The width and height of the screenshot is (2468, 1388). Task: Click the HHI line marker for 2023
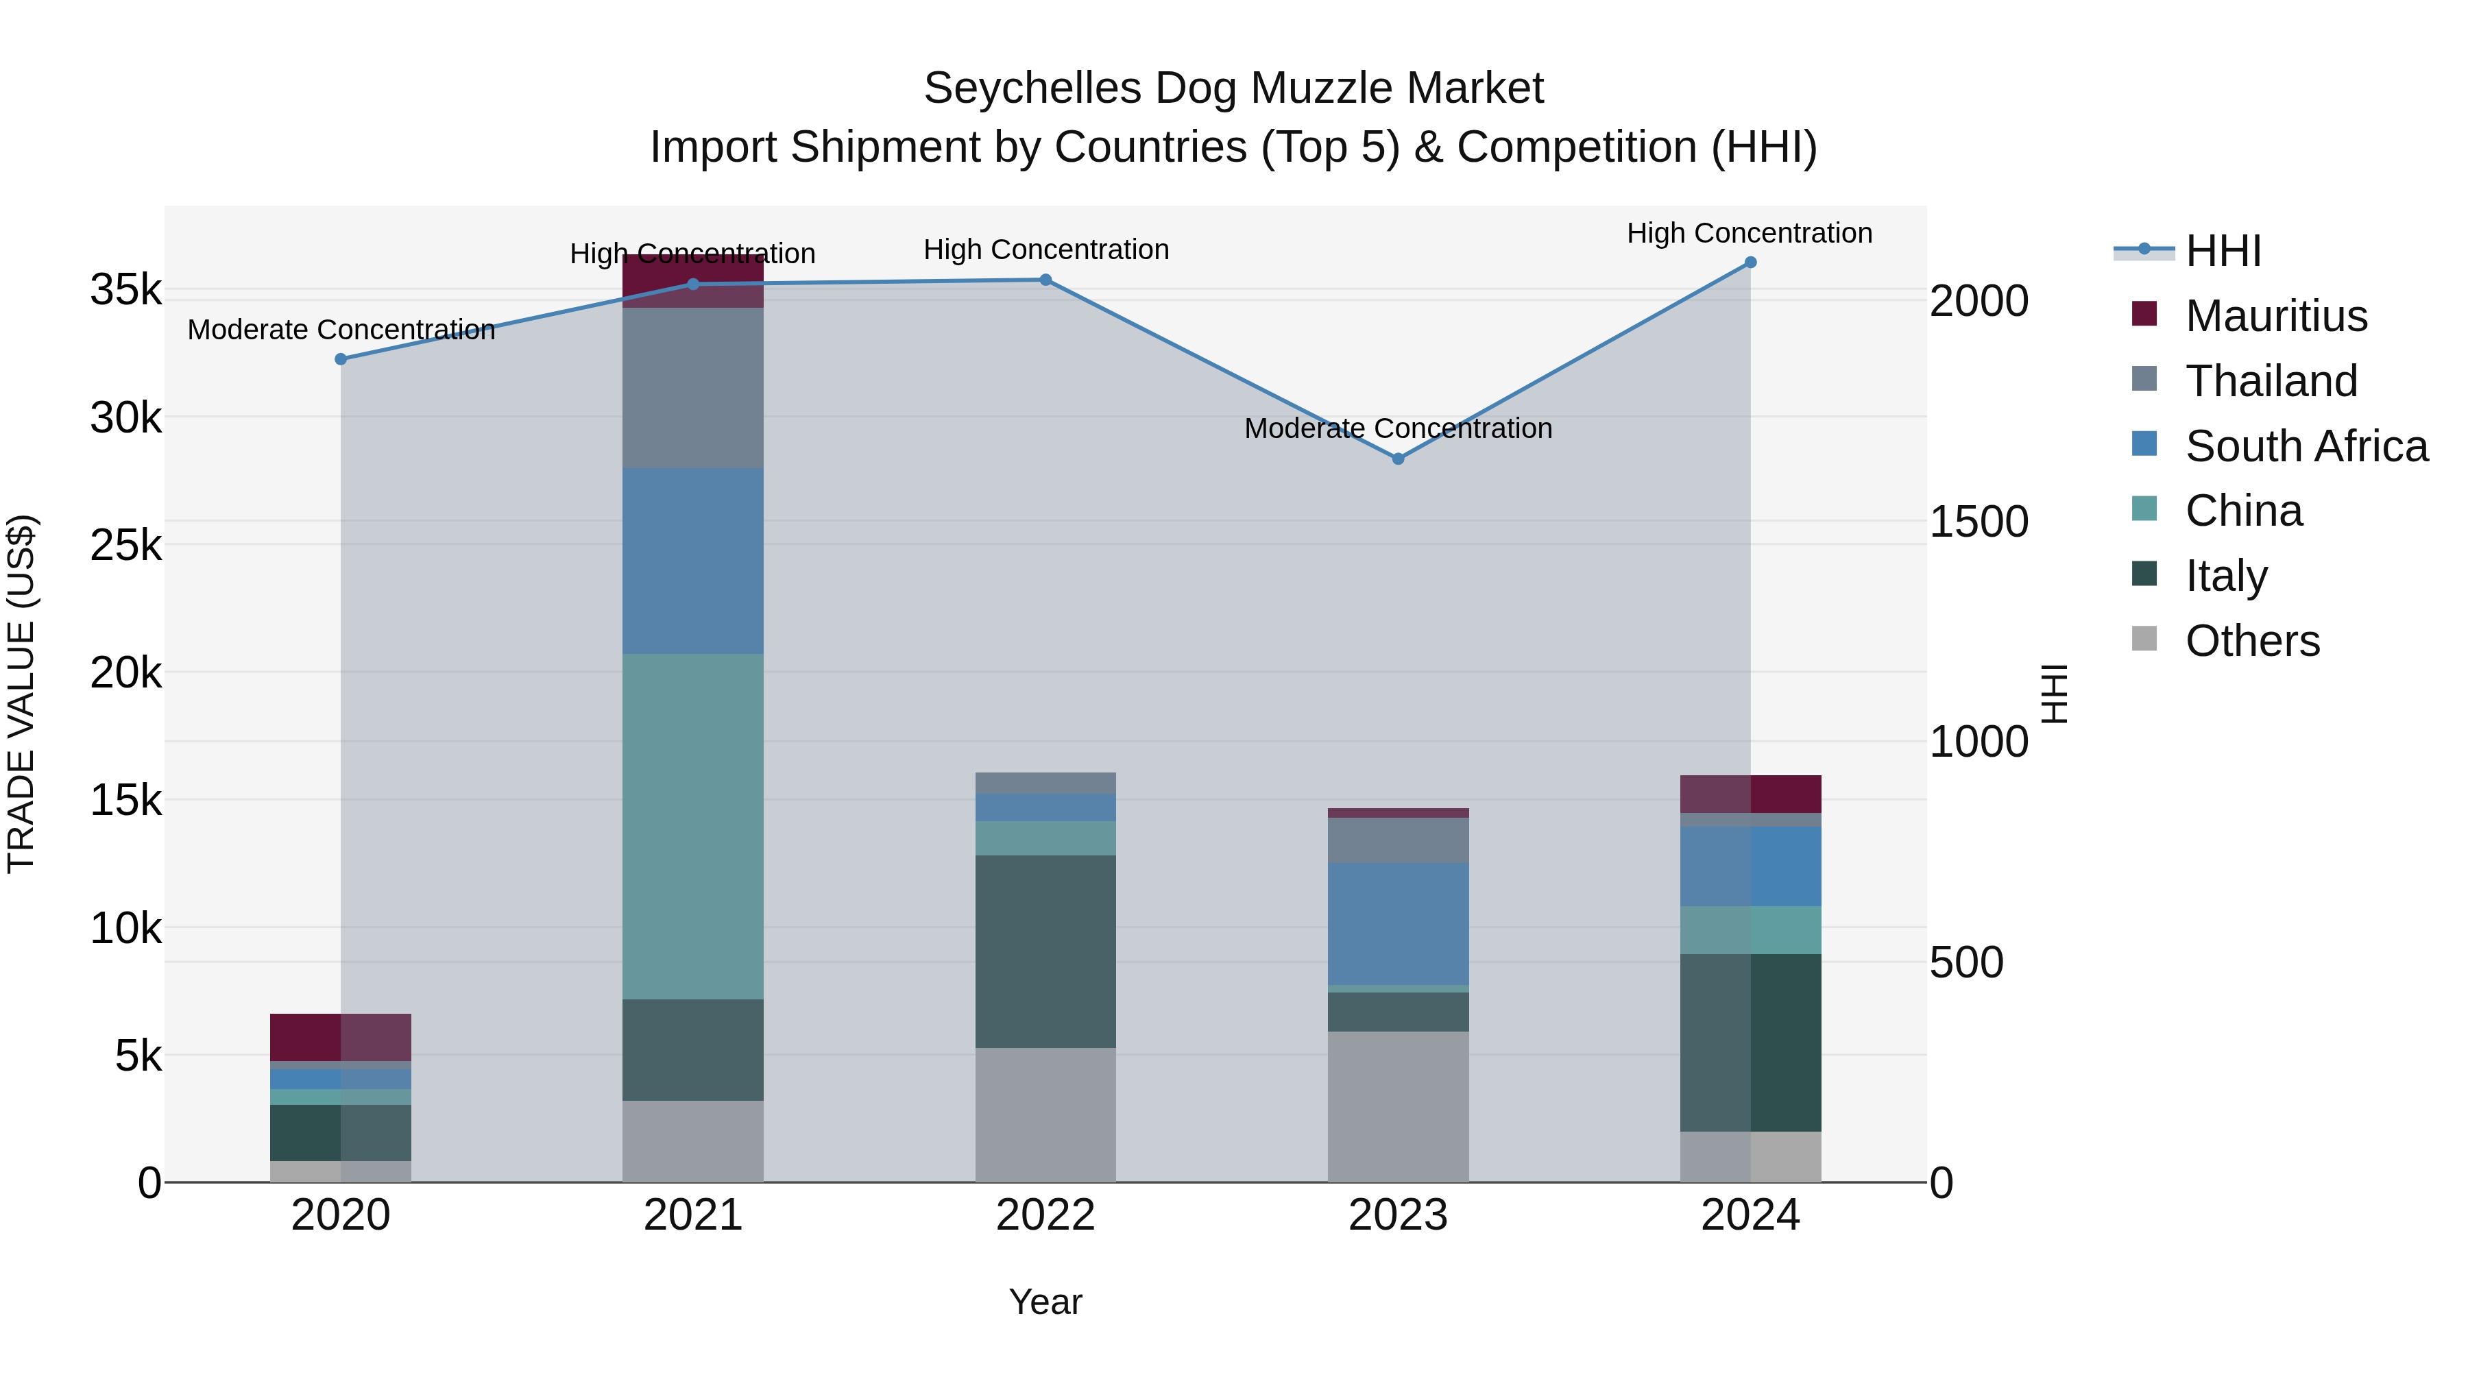click(1398, 459)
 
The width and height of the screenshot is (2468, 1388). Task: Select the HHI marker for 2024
click(1750, 263)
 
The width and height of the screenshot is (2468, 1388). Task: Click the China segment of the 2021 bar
click(692, 826)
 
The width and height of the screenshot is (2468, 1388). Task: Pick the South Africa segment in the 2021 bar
click(692, 561)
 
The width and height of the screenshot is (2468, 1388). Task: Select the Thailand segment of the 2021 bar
click(692, 387)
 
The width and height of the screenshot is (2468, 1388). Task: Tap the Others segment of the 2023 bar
click(1398, 1106)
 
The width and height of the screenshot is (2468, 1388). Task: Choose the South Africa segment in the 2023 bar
click(1398, 923)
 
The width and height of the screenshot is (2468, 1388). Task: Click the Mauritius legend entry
click(2275, 316)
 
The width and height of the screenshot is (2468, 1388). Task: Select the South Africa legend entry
click(2305, 446)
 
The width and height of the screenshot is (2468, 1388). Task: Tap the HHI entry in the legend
click(2223, 251)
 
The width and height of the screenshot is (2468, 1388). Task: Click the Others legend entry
click(2251, 641)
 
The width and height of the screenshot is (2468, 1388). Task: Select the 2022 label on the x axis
click(1045, 1215)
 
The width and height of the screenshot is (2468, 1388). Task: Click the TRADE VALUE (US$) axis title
click(21, 694)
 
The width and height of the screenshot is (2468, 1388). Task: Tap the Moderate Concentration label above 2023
click(1398, 428)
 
